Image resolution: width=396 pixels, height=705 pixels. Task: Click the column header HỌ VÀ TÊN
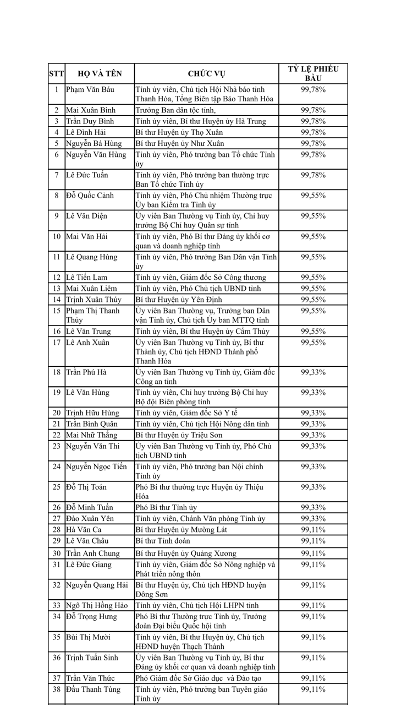click(100, 74)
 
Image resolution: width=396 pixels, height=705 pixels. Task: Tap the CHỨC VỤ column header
click(206, 74)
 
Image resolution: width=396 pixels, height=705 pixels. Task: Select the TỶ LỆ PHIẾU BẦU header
click(313, 74)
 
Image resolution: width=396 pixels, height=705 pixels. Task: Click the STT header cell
click(57, 74)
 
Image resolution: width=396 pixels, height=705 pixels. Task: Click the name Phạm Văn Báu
click(90, 89)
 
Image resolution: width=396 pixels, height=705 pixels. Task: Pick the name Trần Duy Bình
click(90, 121)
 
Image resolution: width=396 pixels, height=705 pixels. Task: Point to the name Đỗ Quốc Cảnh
click(92, 196)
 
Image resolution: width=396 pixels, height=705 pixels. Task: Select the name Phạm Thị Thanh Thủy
click(92, 315)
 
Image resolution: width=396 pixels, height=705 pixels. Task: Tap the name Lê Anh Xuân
click(88, 343)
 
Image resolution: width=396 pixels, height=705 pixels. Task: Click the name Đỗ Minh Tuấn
click(90, 507)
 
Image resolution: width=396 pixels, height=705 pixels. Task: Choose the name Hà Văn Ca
click(84, 530)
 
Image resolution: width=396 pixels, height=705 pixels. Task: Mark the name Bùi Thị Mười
click(88, 637)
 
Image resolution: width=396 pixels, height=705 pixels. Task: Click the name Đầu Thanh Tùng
click(93, 690)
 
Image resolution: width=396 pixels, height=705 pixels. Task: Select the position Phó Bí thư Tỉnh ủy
click(166, 507)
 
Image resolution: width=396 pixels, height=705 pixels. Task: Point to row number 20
click(57, 413)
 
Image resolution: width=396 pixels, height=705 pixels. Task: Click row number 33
click(57, 605)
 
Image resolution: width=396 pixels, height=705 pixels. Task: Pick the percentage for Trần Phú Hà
click(313, 372)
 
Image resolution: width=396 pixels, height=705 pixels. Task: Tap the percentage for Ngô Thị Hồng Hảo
click(313, 605)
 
